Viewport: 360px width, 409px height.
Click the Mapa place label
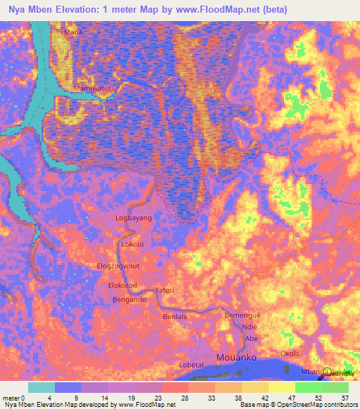pyautogui.click(x=73, y=32)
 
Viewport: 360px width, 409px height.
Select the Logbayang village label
pyautogui.click(x=134, y=219)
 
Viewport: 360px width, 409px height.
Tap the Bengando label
pyautogui.click(x=129, y=300)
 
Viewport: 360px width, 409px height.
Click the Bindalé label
pyautogui.click(x=176, y=318)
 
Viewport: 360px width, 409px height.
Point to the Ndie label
pyautogui.click(x=250, y=327)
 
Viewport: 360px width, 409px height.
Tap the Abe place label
pyautogui.click(x=251, y=339)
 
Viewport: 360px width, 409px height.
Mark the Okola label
pyautogui.click(x=290, y=353)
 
